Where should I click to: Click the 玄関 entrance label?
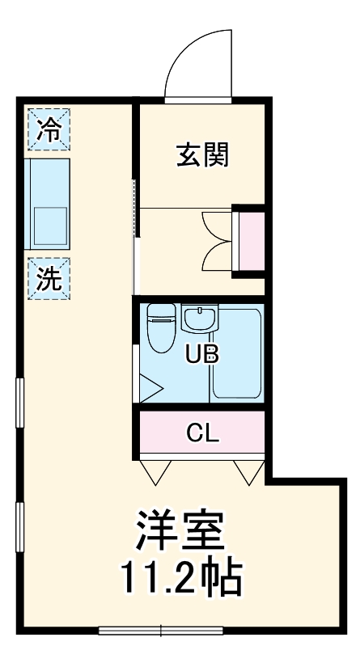201,154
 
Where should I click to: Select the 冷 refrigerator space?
49,130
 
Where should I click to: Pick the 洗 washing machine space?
49,278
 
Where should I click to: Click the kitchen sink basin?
50,226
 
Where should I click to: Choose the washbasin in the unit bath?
199,319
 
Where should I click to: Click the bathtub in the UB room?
236,356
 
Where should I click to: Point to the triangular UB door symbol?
150,388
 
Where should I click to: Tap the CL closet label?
201,433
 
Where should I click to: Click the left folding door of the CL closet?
155,470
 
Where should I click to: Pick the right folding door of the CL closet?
248,470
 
